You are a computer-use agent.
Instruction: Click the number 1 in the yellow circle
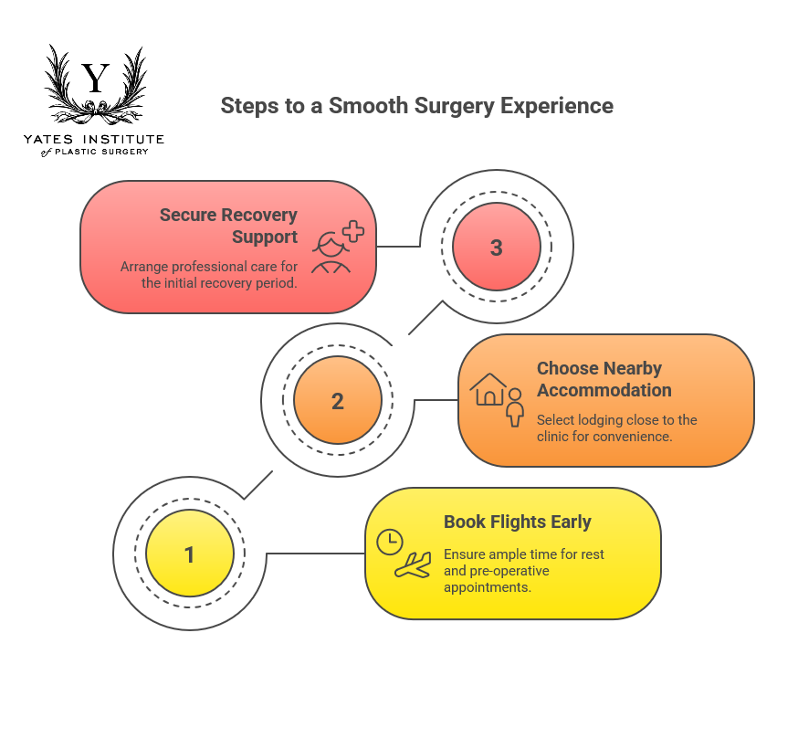click(190, 554)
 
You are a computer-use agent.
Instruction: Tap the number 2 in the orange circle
click(338, 401)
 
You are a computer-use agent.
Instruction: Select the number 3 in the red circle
click(497, 248)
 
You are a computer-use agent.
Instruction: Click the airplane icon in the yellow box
click(413, 565)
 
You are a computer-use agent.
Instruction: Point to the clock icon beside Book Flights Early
click(390, 542)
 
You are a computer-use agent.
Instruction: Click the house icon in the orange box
click(489, 389)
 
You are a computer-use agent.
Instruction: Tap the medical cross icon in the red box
click(352, 231)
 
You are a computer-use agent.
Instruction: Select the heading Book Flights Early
click(518, 522)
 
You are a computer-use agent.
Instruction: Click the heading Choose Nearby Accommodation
click(604, 379)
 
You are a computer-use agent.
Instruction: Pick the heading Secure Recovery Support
click(228, 226)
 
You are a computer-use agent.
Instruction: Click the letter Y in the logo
click(95, 79)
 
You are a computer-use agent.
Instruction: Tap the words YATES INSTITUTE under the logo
click(94, 139)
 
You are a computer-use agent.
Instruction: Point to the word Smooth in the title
click(362, 106)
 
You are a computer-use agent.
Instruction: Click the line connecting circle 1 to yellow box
click(315, 554)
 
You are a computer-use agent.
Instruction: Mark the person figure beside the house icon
click(515, 407)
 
